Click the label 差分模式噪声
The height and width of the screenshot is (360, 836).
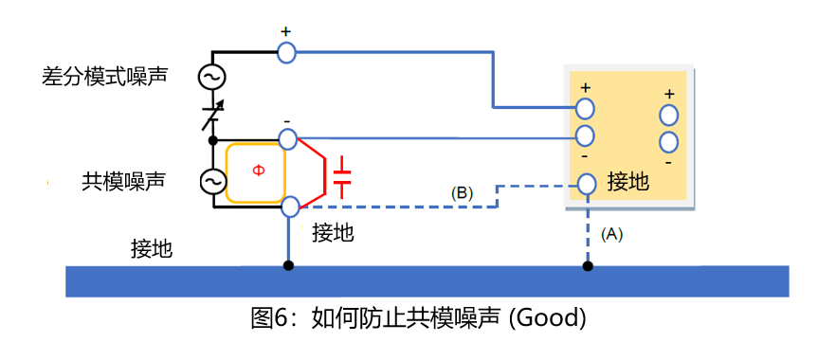pyautogui.click(x=104, y=76)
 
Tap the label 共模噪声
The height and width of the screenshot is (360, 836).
pyautogui.click(x=123, y=182)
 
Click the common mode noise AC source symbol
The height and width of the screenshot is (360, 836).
pyautogui.click(x=212, y=182)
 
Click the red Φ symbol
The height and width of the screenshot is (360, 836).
pyautogui.click(x=258, y=171)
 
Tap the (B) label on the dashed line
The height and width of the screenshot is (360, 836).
pyautogui.click(x=462, y=193)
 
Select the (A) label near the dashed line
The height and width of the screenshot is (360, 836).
pyautogui.click(x=611, y=234)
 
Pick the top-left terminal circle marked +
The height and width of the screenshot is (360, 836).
pyautogui.click(x=287, y=52)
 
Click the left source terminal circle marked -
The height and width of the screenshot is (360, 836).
pyautogui.click(x=287, y=139)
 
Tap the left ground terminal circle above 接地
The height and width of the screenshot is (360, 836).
pyautogui.click(x=289, y=207)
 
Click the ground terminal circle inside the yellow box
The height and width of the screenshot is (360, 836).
pyautogui.click(x=587, y=184)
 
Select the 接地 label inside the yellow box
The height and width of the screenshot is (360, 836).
pyautogui.click(x=628, y=182)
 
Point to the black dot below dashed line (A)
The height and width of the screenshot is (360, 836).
pyautogui.click(x=588, y=265)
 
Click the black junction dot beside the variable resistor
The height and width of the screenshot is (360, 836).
pyautogui.click(x=212, y=140)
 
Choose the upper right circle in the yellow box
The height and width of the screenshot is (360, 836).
pyautogui.click(x=668, y=115)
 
